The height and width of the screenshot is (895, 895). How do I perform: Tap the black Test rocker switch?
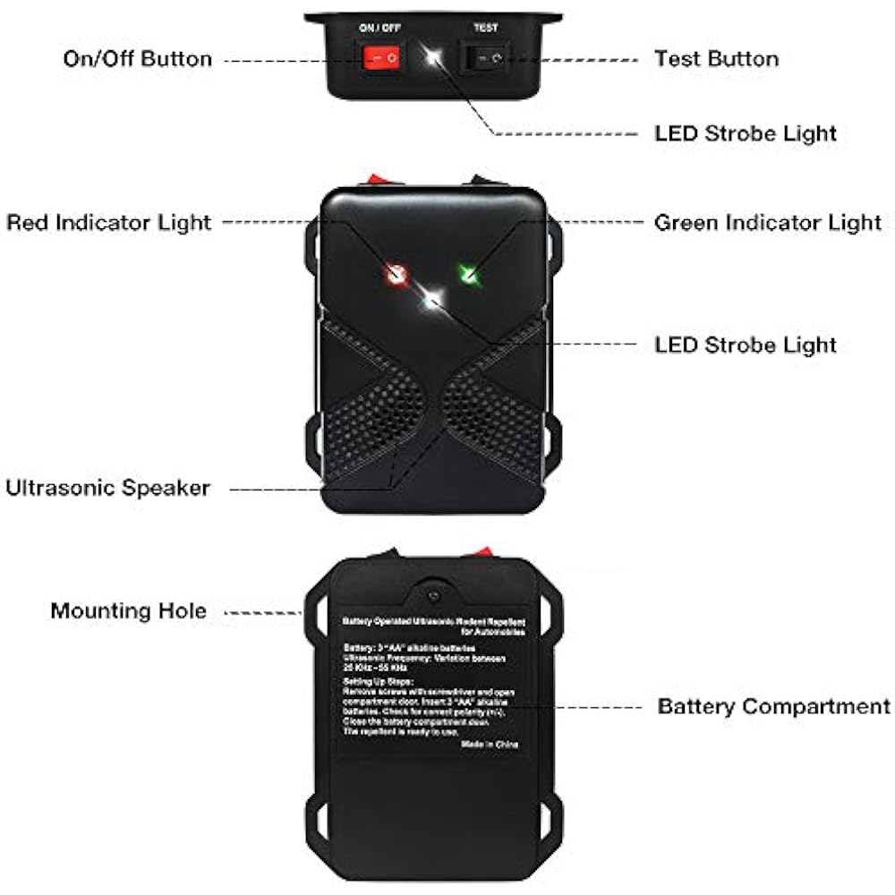click(x=485, y=59)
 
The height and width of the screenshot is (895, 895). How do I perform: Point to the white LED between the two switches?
click(x=434, y=59)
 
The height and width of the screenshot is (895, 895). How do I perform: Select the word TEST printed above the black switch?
click(x=485, y=28)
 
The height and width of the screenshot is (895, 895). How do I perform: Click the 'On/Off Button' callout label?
click(x=137, y=59)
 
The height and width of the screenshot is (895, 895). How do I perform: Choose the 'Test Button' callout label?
click(x=716, y=59)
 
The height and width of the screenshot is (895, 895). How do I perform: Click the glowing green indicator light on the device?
click(x=468, y=273)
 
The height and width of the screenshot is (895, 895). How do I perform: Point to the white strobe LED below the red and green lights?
click(x=433, y=299)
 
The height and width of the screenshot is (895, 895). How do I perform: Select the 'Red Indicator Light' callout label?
click(x=109, y=222)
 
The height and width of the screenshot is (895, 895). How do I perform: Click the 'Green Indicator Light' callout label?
click(x=768, y=222)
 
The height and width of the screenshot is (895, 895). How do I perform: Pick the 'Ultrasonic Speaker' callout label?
click(x=107, y=488)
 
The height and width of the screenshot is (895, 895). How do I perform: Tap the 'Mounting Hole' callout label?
click(x=128, y=611)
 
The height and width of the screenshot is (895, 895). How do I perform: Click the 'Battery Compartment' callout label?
click(x=773, y=706)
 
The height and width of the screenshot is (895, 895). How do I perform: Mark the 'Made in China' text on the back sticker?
click(x=490, y=744)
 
